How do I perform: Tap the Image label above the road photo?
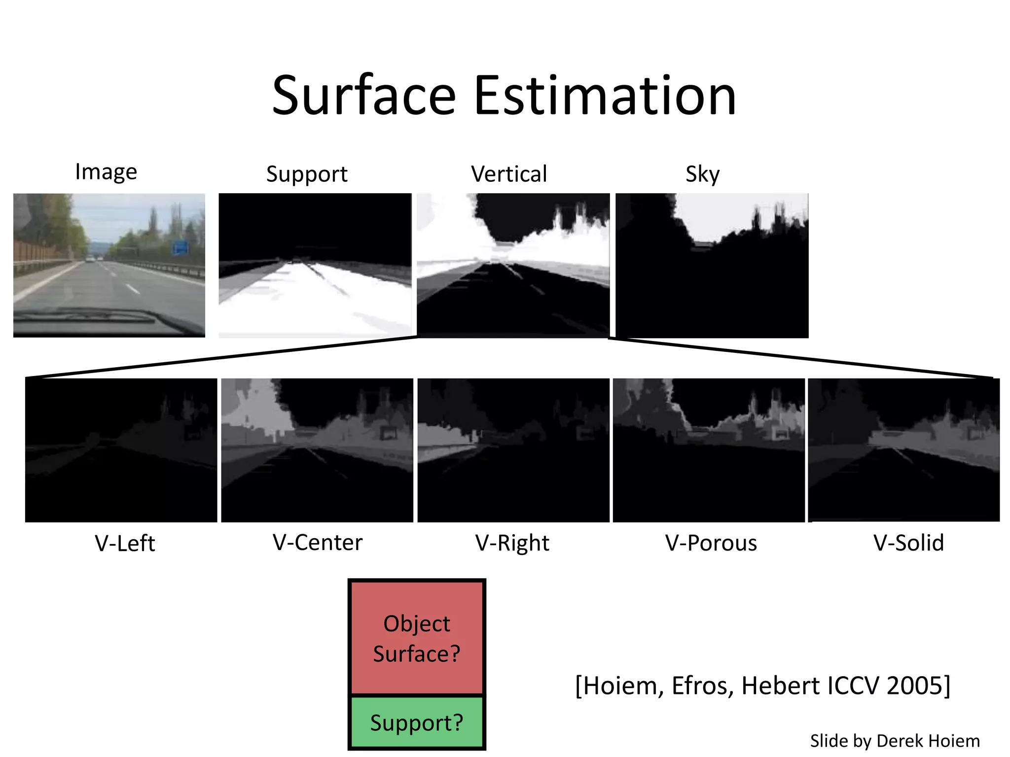[106, 172]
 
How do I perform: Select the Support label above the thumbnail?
[307, 174]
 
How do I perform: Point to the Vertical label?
[509, 174]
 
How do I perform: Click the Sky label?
[702, 174]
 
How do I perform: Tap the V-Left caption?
[125, 543]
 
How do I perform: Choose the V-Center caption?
[318, 543]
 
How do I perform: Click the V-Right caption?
[512, 543]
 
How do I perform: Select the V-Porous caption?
[711, 543]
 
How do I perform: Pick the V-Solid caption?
[908, 543]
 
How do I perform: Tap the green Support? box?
[417, 723]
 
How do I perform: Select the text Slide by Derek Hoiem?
[895, 741]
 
